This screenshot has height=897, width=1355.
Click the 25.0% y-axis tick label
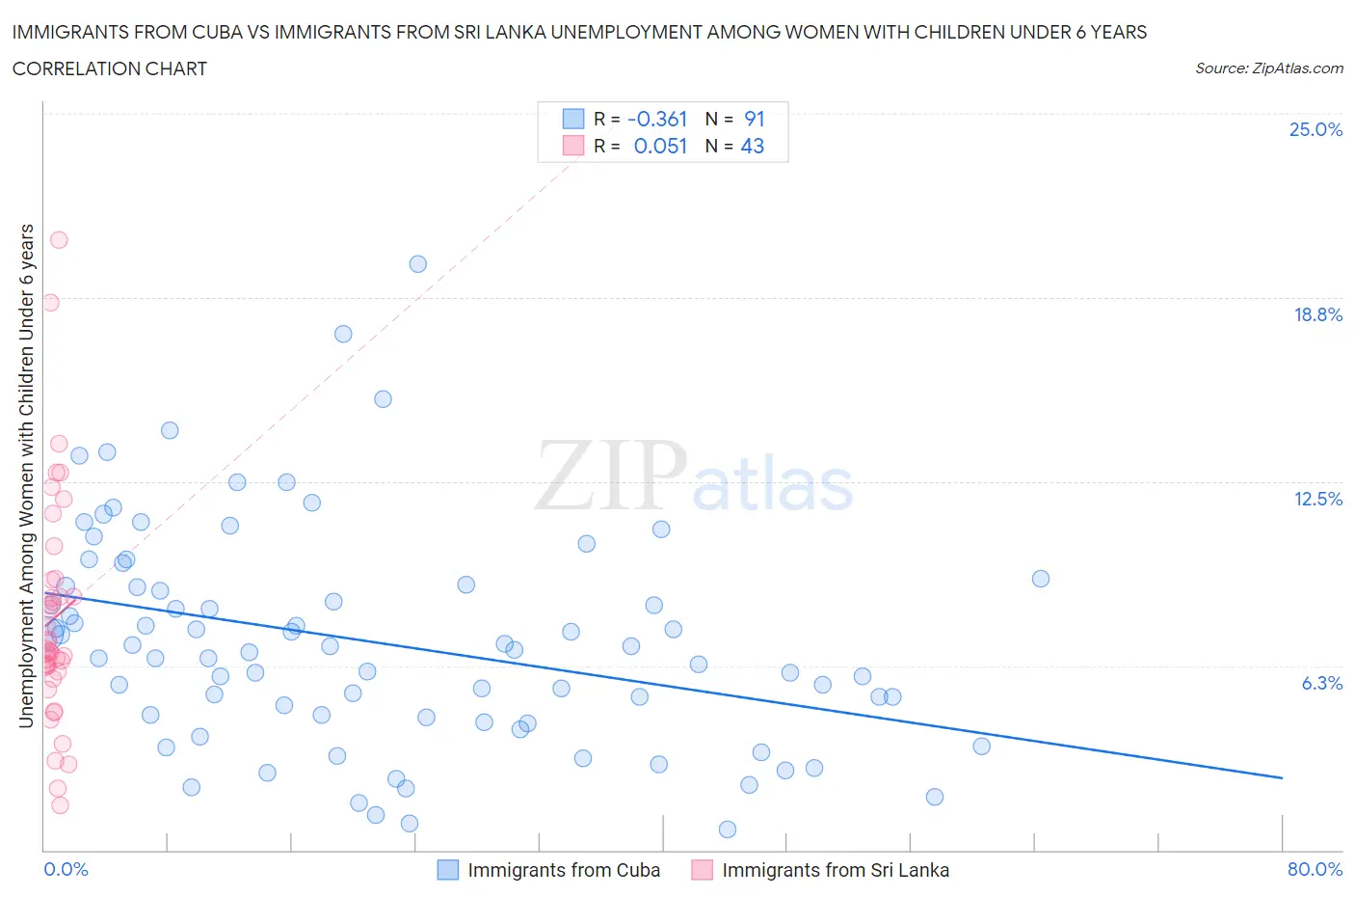coord(1315,129)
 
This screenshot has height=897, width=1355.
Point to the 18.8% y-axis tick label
coord(1317,314)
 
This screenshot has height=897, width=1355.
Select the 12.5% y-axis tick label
coord(1317,499)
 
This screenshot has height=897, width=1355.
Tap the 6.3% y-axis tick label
coord(1321,683)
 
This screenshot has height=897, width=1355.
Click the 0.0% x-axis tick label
coord(66,869)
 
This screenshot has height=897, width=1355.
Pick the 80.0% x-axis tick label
coord(1315,869)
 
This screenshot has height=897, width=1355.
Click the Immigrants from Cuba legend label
coord(564,870)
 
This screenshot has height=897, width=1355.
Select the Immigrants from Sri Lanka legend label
coord(835,870)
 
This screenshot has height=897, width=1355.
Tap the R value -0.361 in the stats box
coord(657,119)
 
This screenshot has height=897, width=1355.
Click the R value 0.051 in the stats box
coord(660,146)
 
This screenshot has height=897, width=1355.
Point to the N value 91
coord(755,119)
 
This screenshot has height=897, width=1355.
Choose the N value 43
coord(753,146)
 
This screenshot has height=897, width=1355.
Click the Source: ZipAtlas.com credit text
coord(1268,68)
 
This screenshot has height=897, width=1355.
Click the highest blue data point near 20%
coord(417,263)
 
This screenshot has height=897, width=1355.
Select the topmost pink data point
coord(59,240)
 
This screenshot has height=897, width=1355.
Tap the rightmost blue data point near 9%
coord(1040,579)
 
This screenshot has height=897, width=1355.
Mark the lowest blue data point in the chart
coord(728,829)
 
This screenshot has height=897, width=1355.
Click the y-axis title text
coord(27,475)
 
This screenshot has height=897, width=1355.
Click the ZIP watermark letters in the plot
coord(611,476)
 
